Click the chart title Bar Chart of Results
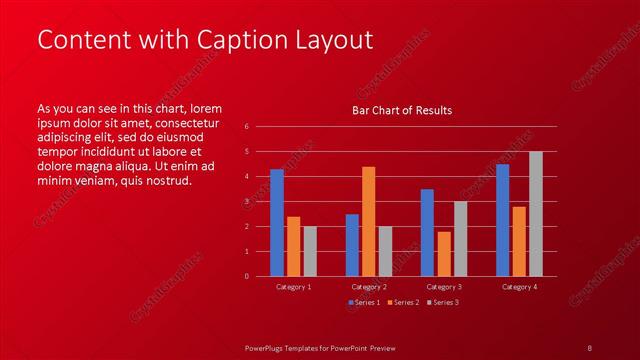click(x=401, y=110)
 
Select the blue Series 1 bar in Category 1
click(x=277, y=223)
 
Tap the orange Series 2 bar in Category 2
click(x=368, y=221)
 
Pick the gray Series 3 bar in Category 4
click(x=535, y=214)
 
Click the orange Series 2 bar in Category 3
click(x=443, y=254)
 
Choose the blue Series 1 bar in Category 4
click(x=502, y=220)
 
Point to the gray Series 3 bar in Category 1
click(x=310, y=251)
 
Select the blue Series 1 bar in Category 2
click(x=352, y=245)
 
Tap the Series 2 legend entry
click(x=402, y=302)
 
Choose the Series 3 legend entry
click(x=441, y=302)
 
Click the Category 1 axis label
click(x=293, y=287)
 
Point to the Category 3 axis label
click(x=443, y=287)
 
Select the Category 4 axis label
click(x=519, y=287)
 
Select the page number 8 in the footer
click(x=590, y=347)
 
